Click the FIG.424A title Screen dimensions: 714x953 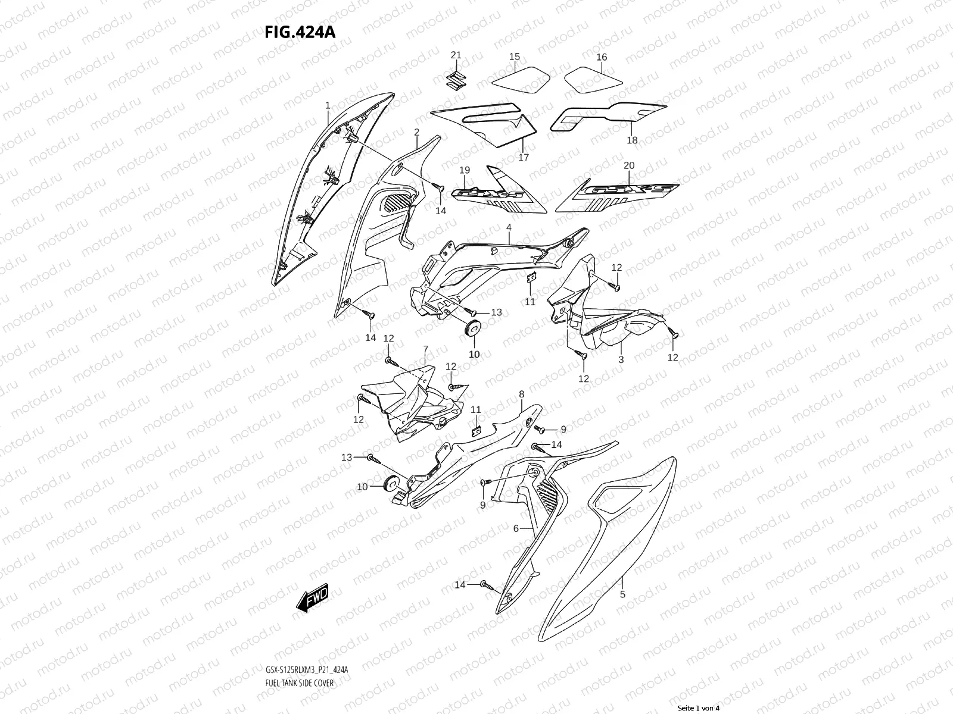pyautogui.click(x=300, y=32)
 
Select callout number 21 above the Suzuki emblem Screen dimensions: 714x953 pyautogui.click(x=456, y=55)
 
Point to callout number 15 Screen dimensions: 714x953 pyautogui.click(x=515, y=57)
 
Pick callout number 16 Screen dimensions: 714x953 pyautogui.click(x=602, y=57)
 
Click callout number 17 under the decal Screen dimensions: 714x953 pyautogui.click(x=524, y=158)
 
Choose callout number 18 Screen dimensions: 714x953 pyautogui.click(x=632, y=140)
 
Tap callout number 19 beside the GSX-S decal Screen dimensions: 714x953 pyautogui.click(x=465, y=171)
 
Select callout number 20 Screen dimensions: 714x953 pyautogui.click(x=629, y=165)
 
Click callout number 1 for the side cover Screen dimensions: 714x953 pyautogui.click(x=328, y=105)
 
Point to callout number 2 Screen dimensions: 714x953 pyautogui.click(x=417, y=132)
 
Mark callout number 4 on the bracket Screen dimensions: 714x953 pyautogui.click(x=509, y=227)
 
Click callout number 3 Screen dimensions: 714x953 pyautogui.click(x=621, y=359)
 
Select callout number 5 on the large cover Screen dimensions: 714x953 pyautogui.click(x=622, y=594)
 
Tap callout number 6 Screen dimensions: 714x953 pyautogui.click(x=516, y=528)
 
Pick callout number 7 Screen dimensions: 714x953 pyautogui.click(x=425, y=349)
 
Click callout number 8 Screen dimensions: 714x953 pyautogui.click(x=521, y=394)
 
